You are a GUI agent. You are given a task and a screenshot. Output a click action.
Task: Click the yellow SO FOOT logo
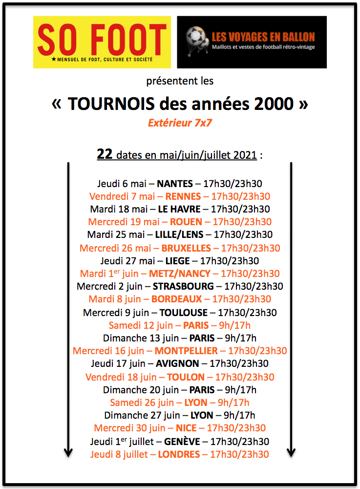[x=102, y=42]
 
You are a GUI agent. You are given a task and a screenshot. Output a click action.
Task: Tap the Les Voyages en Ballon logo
[x=252, y=42]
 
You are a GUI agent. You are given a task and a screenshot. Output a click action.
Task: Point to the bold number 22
[x=105, y=155]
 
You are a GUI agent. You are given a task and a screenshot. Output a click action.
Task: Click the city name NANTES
[x=175, y=184]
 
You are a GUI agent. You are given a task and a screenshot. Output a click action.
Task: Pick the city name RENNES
[x=183, y=197]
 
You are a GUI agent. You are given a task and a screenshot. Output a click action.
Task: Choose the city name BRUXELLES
[x=186, y=248]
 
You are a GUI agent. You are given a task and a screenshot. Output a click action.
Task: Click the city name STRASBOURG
[x=183, y=286]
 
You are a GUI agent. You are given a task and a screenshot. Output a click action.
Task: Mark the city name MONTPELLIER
[x=186, y=351]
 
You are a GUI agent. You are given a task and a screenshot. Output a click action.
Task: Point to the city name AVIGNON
[x=177, y=363]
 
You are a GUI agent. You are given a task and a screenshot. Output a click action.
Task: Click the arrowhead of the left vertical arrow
[x=68, y=452]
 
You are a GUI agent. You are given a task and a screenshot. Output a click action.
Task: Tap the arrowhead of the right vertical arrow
[x=291, y=452]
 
